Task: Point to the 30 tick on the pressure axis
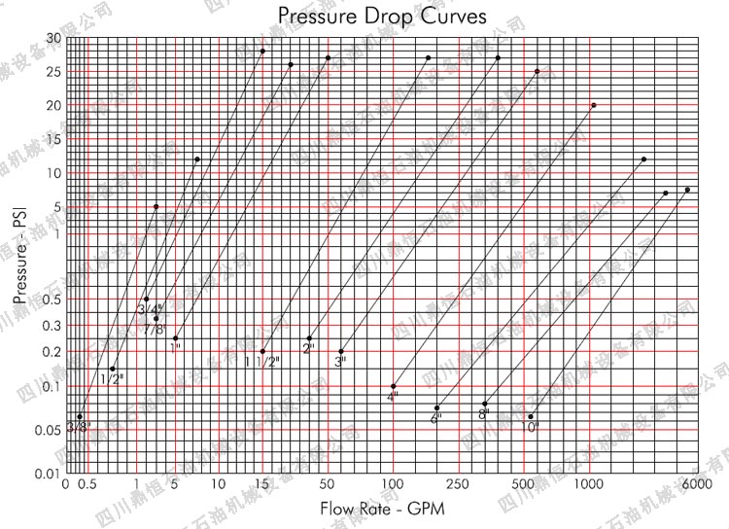52,38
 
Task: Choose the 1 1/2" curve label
262,362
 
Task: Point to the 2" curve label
309,348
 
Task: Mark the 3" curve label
340,362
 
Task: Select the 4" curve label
393,397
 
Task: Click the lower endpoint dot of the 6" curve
437,407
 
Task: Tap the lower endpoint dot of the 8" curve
484,404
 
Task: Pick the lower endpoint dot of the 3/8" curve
80,416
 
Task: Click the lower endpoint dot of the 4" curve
393,386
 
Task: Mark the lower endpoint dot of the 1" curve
175,338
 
